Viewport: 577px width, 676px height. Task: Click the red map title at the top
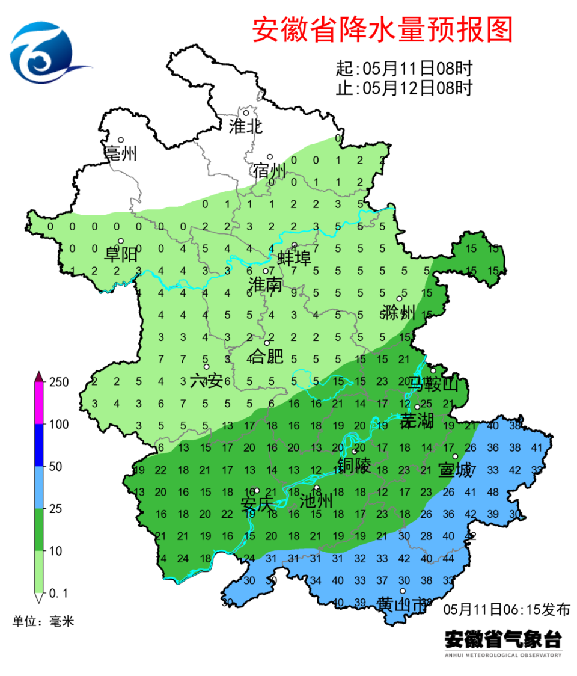coord(382,29)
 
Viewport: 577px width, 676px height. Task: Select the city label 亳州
coord(121,154)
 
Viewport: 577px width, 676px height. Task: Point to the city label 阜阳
coord(121,254)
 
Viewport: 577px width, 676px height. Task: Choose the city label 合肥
coord(266,357)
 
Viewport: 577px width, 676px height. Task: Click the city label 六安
coord(206,381)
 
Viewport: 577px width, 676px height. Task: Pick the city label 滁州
coord(398,313)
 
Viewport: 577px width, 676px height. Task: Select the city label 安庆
coord(257,505)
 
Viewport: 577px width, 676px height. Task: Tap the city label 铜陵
coord(355,465)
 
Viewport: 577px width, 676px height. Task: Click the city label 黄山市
coord(403,604)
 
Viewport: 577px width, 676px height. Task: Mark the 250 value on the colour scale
coord(63,383)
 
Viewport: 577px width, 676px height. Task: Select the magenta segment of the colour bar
coord(38,403)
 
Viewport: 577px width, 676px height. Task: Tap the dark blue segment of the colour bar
coord(38,445)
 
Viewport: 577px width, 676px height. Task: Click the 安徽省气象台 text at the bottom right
coord(502,638)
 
